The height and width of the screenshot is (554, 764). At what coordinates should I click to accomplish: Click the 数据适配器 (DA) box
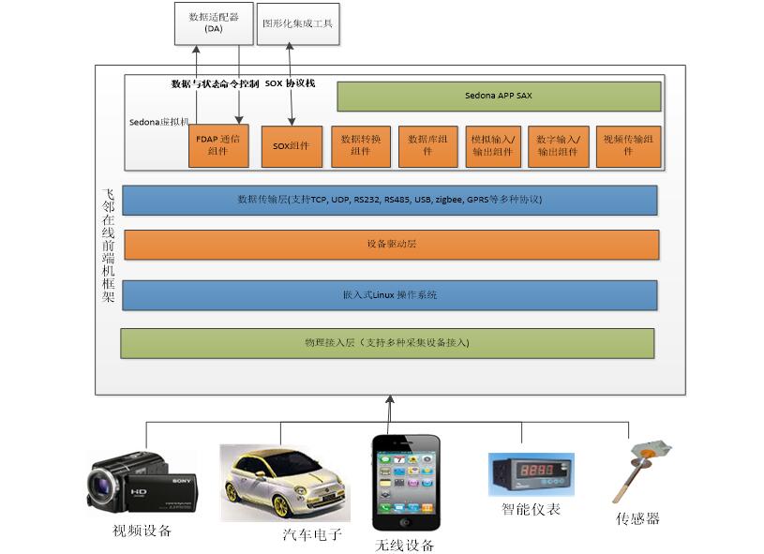tap(214, 22)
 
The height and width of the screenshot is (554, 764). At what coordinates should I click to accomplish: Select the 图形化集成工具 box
tap(298, 22)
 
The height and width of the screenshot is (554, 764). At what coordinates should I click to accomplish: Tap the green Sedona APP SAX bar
tap(499, 96)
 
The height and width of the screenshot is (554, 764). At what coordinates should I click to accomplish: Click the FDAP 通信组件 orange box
tap(218, 146)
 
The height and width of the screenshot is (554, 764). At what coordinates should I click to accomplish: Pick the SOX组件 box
tap(292, 146)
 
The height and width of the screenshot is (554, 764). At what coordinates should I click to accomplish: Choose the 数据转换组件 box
tap(361, 146)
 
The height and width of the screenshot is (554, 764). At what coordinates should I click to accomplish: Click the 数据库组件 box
tap(427, 146)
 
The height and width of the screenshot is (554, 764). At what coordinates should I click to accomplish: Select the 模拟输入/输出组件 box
tap(493, 146)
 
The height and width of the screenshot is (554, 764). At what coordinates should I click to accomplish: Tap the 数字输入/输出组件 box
tap(559, 146)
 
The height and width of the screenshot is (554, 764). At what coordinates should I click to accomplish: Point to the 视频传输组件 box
tap(628, 146)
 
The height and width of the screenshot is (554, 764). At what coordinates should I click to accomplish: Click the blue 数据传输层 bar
tap(390, 200)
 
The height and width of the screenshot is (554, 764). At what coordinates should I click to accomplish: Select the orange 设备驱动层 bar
tap(391, 244)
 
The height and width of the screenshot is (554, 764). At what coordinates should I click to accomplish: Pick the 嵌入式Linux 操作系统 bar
tap(390, 294)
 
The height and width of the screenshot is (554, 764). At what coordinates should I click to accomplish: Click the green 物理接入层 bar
tap(387, 343)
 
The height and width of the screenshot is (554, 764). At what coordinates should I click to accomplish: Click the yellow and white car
tap(285, 482)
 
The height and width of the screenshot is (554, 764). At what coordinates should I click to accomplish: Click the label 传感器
tap(637, 518)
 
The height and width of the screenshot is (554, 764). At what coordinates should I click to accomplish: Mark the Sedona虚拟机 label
tap(158, 122)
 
